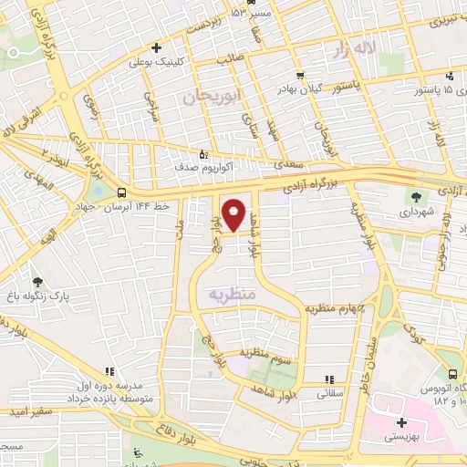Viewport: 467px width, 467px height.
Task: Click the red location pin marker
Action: coord(234,214)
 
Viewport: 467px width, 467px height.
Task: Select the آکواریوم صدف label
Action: coord(181,169)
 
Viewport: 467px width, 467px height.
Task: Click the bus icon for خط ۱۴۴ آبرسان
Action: coord(122,192)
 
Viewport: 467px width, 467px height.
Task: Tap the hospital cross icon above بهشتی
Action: coord(401,422)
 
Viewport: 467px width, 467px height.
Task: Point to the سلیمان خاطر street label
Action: coord(367,356)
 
